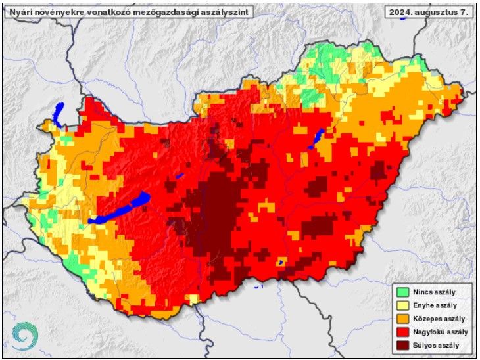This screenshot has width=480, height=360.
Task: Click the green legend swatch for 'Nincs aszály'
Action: pyautogui.click(x=402, y=292)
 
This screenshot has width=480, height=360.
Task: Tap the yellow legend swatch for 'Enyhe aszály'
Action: pyautogui.click(x=402, y=305)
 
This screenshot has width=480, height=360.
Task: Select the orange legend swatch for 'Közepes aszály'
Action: pyautogui.click(x=402, y=319)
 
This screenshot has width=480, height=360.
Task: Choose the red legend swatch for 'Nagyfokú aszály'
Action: pyautogui.click(x=402, y=332)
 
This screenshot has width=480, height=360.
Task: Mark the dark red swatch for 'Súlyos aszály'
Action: pyautogui.click(x=402, y=345)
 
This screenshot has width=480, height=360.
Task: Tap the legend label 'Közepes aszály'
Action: pyautogui.click(x=437, y=319)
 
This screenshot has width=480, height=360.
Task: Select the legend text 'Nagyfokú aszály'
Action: pyautogui.click(x=439, y=332)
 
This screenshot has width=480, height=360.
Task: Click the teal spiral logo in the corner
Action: pyautogui.click(x=24, y=336)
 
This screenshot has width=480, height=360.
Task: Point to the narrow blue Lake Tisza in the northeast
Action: pyautogui.click(x=316, y=138)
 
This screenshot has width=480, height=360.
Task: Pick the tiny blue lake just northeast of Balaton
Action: pyautogui.click(x=178, y=176)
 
